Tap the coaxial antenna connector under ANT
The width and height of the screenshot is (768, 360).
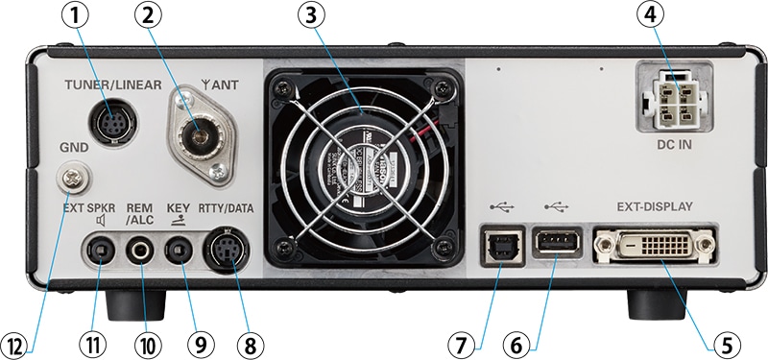tap(200, 131)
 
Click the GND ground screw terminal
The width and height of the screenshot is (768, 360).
tap(69, 177)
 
